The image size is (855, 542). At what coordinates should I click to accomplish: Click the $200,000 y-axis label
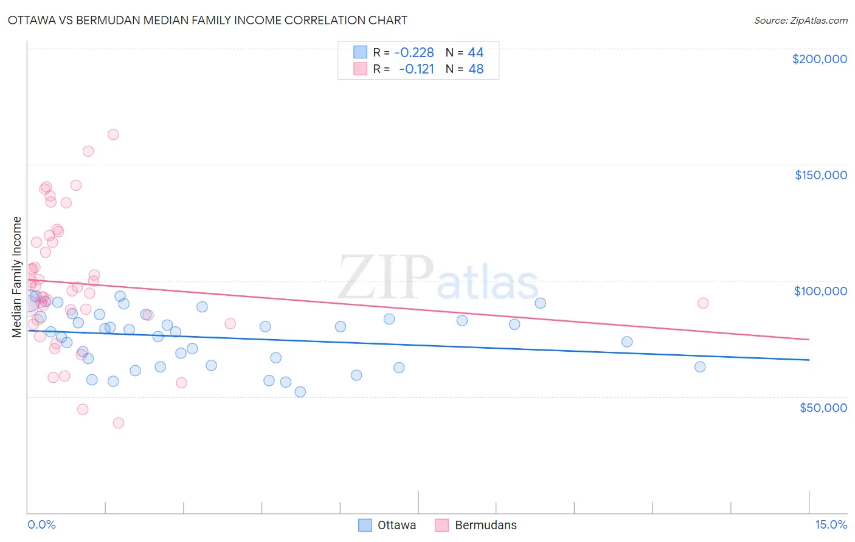[x=819, y=59]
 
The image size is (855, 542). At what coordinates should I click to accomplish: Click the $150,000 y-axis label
[x=820, y=175]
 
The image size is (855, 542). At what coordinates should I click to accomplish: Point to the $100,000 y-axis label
[x=820, y=291]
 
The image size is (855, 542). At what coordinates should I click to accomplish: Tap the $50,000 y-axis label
[x=823, y=407]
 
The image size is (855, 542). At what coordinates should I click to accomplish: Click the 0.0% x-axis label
[x=41, y=524]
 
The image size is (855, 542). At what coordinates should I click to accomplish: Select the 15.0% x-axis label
[x=831, y=524]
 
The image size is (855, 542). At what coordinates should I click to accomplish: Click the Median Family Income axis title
[x=17, y=277]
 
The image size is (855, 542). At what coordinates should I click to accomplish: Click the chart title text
[x=207, y=20]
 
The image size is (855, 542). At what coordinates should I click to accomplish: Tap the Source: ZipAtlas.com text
[x=800, y=20]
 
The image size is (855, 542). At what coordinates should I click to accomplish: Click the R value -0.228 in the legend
[x=414, y=52]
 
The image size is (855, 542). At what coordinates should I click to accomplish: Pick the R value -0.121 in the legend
[x=417, y=69]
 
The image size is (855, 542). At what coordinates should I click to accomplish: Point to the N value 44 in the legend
[x=476, y=52]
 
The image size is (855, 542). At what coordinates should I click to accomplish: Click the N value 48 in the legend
[x=476, y=69]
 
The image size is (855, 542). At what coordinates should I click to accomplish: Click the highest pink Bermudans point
[x=113, y=134]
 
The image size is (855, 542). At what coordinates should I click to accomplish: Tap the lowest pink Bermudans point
[x=119, y=423]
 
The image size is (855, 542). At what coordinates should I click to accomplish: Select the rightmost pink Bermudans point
[x=703, y=303]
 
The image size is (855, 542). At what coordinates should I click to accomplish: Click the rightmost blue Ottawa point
[x=700, y=367]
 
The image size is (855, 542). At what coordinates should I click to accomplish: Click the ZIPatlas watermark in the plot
[x=438, y=278]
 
